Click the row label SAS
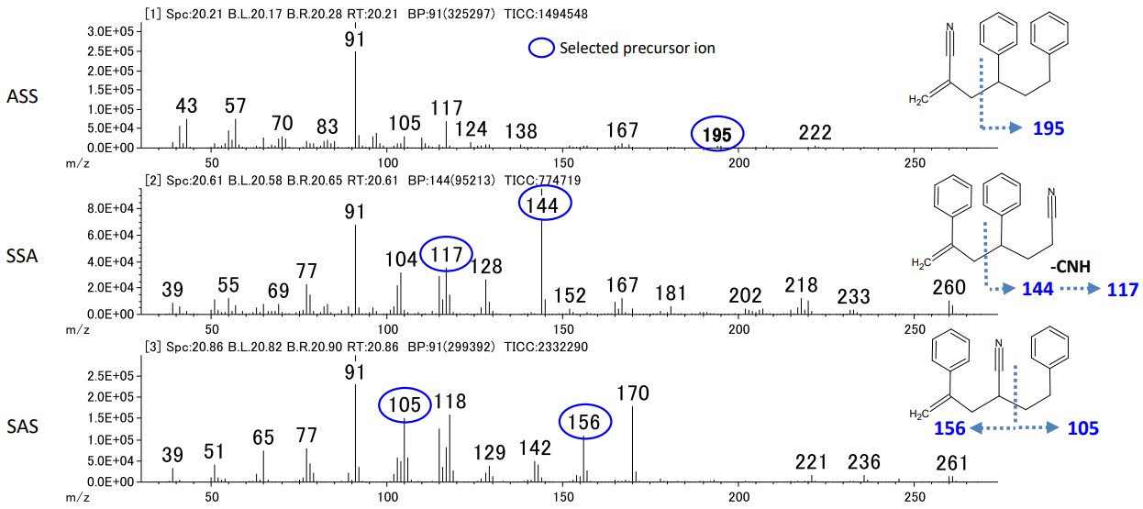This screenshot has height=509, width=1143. coord(21,426)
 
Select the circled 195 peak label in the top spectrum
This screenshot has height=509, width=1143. coord(716,134)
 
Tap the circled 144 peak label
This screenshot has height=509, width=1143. coord(544,204)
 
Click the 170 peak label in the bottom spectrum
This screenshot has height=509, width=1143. coord(633,394)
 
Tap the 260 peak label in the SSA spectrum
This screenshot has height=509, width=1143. coord(949,289)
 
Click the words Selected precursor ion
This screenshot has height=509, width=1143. coord(637,49)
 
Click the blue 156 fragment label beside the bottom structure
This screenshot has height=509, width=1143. coord(951,429)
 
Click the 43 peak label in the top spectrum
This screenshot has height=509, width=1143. coord(186,105)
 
